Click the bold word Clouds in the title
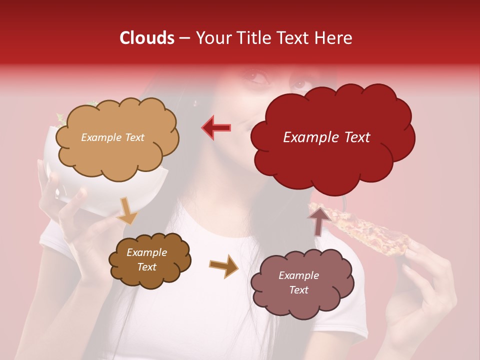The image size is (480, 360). pos(147,38)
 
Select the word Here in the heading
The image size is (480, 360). pos(334,38)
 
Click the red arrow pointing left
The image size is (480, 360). pos(216,127)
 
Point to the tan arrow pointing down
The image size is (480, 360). pos(127,210)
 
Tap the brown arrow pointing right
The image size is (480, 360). pos(223,265)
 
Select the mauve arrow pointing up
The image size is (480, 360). pos(319,220)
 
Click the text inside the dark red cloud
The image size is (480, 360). pos(326,137)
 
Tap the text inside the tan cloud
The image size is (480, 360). pos(112,137)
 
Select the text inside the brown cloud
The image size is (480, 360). pos(146,259)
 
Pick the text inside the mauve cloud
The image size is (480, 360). pos(298,282)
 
